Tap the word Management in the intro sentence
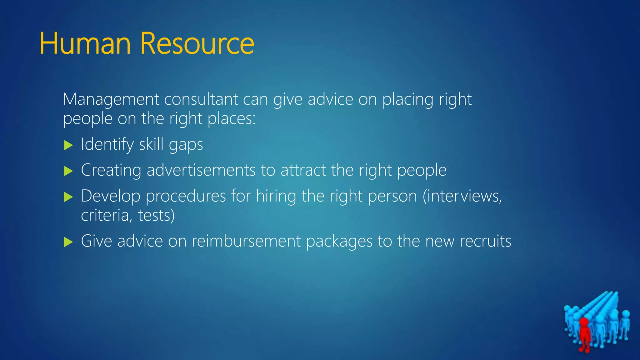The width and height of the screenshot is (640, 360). [x=111, y=99]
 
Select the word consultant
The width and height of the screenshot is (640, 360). [x=201, y=99]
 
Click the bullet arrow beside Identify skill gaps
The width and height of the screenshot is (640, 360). [x=68, y=145]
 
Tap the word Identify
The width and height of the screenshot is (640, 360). [x=107, y=145]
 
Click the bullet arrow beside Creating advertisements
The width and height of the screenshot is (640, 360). [x=68, y=171]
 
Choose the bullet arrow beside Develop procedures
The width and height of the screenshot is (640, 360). [x=68, y=197]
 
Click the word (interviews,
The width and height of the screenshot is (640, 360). [x=462, y=196]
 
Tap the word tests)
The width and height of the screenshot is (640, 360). [x=156, y=216]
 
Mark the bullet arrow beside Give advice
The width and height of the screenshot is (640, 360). [x=68, y=242]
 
